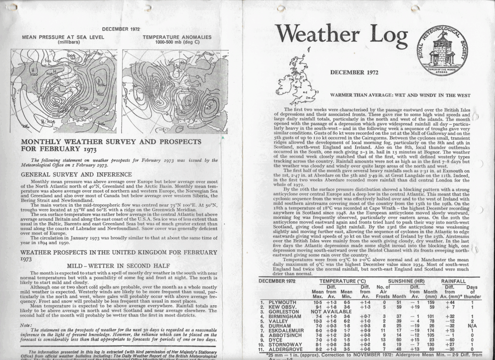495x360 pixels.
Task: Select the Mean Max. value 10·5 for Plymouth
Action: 317,302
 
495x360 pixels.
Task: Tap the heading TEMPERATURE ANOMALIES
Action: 177,37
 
